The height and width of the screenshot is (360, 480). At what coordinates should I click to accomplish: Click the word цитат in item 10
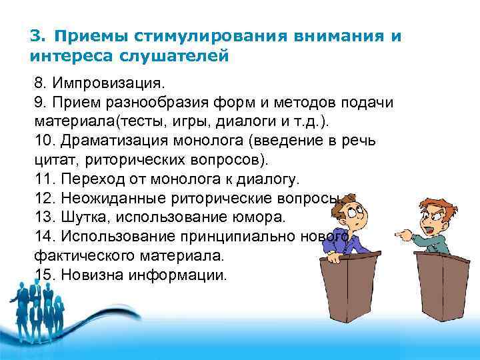click(x=53, y=161)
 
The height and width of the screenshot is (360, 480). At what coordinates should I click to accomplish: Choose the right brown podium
click(x=443, y=297)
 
